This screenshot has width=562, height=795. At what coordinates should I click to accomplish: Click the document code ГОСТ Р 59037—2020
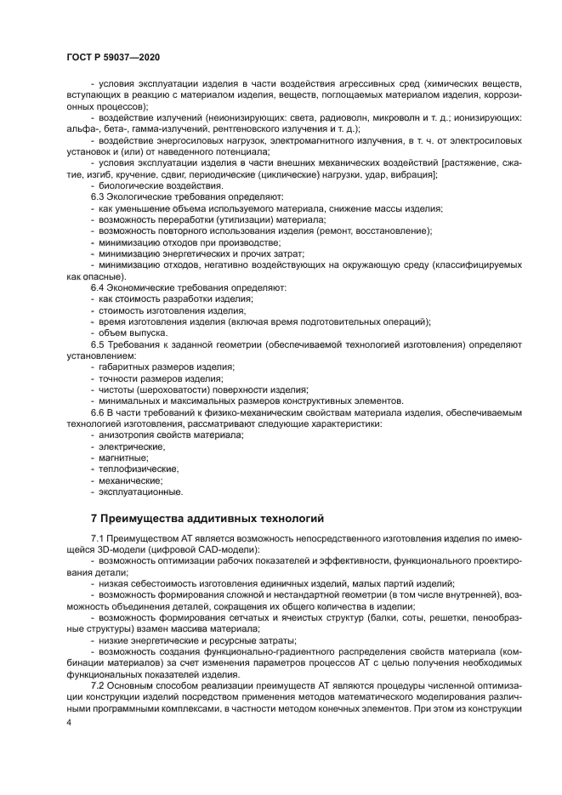pos(111,55)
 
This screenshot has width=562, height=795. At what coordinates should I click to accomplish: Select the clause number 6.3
pos(97,196)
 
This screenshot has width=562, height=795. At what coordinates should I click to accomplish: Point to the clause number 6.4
pos(97,288)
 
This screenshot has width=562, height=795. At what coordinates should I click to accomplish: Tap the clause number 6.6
pos(97,412)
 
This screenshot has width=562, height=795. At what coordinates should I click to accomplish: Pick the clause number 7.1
pos(97,540)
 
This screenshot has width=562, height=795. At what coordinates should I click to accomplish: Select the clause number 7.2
pos(97,684)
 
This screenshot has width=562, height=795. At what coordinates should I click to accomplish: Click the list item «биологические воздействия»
pos(149,185)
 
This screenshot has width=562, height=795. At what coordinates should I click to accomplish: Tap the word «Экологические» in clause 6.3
pos(139,196)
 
